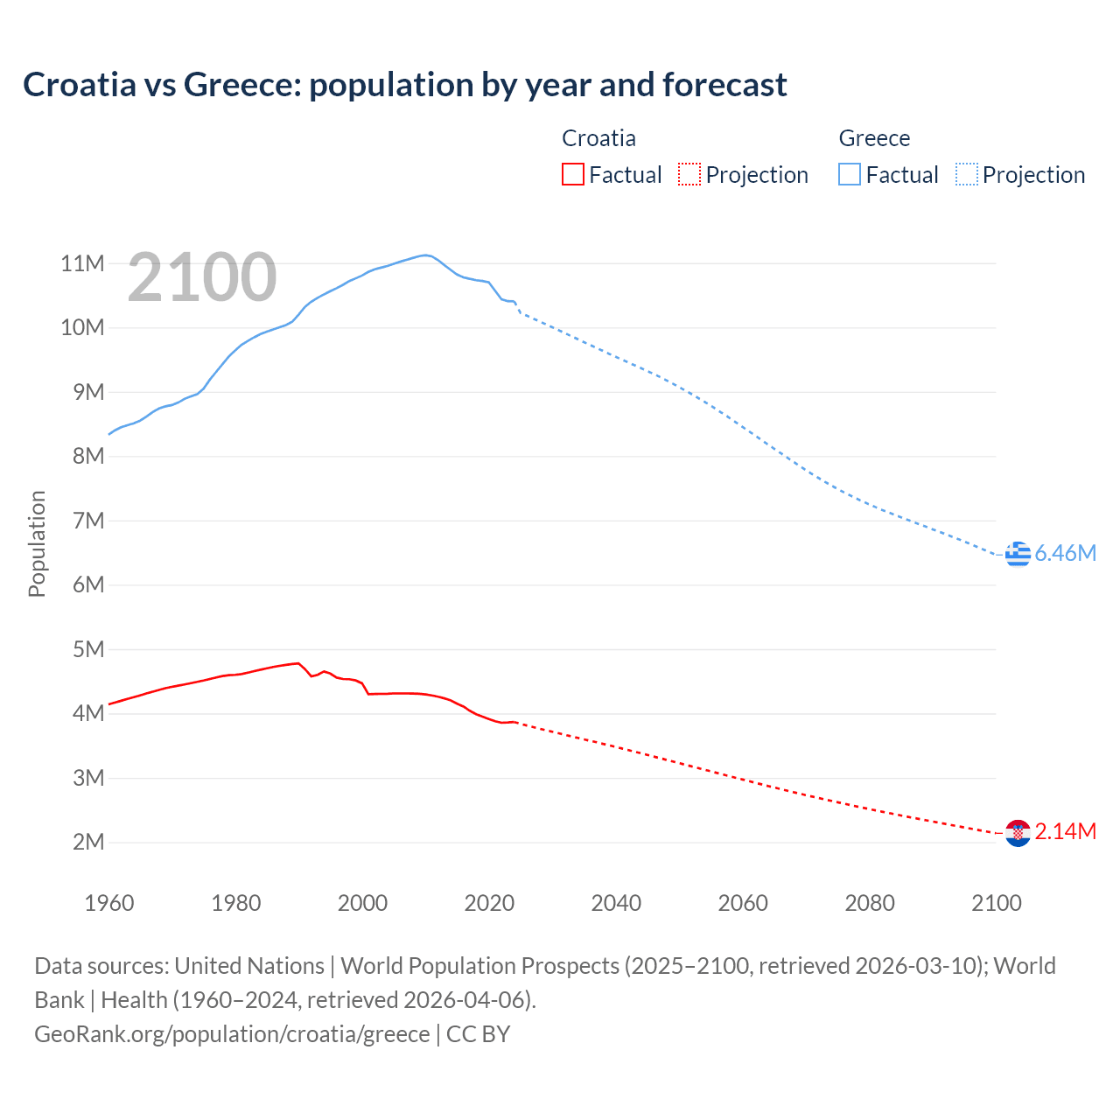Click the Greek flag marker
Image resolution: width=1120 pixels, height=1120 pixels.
click(x=1018, y=554)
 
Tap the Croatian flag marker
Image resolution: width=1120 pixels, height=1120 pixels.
click(x=1018, y=833)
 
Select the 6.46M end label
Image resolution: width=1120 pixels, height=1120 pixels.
click(x=1065, y=553)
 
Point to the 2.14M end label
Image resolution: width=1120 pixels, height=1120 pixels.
click(x=1065, y=831)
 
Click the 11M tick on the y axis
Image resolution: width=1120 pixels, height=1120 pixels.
click(x=82, y=263)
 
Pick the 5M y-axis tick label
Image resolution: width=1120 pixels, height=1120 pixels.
click(x=88, y=649)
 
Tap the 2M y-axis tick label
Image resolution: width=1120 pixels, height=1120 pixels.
click(x=88, y=843)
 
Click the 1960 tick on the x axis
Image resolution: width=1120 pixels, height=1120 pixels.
click(x=109, y=903)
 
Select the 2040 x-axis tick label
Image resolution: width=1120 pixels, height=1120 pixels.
click(x=616, y=903)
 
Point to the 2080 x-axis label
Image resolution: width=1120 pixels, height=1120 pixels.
click(x=870, y=903)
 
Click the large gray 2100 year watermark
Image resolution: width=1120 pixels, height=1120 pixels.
click(x=202, y=277)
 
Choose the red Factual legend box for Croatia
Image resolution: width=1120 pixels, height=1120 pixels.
click(x=572, y=174)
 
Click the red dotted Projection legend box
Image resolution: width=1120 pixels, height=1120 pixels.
click(x=689, y=174)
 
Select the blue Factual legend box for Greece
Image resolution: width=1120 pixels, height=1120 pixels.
click(x=850, y=174)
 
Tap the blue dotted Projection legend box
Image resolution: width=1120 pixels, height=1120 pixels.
click(x=967, y=174)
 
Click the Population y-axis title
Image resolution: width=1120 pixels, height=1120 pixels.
click(x=37, y=543)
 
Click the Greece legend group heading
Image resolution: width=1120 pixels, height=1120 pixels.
click(x=874, y=138)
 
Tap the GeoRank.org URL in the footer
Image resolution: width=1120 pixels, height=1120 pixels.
click(x=232, y=1033)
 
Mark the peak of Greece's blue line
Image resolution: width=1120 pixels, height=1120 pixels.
click(x=425, y=255)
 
